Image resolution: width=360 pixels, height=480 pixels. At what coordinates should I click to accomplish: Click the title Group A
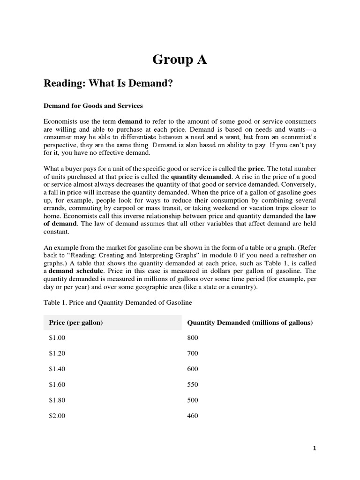180,60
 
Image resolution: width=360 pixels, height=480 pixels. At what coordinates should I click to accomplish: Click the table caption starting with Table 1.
118,303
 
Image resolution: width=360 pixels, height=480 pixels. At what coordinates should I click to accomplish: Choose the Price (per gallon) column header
76,322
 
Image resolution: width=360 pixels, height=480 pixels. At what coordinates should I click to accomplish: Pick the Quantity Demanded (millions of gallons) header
250,322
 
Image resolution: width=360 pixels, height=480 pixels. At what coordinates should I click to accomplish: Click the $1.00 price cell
57,337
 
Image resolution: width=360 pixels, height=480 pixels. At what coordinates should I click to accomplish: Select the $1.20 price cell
57,353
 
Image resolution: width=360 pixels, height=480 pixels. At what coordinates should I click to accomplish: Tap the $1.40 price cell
57,369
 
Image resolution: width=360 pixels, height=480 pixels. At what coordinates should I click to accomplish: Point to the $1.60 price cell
57,384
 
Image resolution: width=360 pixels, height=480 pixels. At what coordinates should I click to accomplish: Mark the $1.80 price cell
57,400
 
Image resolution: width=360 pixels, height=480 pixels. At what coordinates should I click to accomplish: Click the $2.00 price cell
57,416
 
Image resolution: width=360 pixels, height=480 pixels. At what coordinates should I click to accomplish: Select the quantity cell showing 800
193,337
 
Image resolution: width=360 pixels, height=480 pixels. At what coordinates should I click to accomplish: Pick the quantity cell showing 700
193,353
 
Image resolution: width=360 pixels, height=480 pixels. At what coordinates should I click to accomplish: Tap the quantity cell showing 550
193,384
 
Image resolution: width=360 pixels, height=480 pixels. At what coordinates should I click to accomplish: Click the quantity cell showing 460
193,416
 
